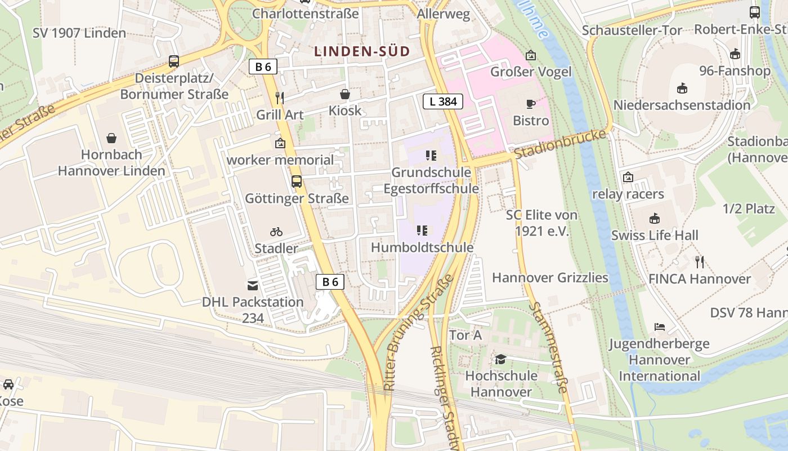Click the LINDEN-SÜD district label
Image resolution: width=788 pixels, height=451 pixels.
[x=362, y=51]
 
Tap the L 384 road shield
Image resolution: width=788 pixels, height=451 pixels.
[x=442, y=101]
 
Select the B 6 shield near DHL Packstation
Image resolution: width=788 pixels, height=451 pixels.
[x=330, y=282]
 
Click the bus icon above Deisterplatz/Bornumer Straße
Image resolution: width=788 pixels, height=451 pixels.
[x=174, y=61]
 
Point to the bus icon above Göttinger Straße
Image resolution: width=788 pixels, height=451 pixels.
[x=297, y=182]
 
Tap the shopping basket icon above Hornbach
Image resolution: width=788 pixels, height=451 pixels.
[x=112, y=138]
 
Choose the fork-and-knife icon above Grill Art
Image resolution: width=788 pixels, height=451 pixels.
[x=280, y=98]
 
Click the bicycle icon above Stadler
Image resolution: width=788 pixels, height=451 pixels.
[x=276, y=232]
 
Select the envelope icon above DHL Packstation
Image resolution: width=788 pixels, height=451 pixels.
[x=253, y=285]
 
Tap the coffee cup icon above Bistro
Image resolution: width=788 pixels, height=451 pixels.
[x=530, y=104]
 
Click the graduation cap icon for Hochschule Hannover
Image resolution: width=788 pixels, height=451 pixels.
[x=500, y=359]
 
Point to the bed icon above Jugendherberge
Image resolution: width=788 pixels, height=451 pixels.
[x=659, y=327]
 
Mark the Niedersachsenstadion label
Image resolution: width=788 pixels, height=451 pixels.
[x=682, y=105]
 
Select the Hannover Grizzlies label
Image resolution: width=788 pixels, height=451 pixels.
[x=550, y=277]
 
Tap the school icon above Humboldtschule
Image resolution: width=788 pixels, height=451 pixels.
[x=422, y=230]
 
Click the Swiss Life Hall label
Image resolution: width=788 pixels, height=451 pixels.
[x=655, y=235]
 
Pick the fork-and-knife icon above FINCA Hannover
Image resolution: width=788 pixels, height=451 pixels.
[x=700, y=262]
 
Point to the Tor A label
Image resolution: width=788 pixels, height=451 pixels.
[x=465, y=335]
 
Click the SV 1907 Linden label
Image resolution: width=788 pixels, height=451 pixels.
[x=79, y=33]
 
